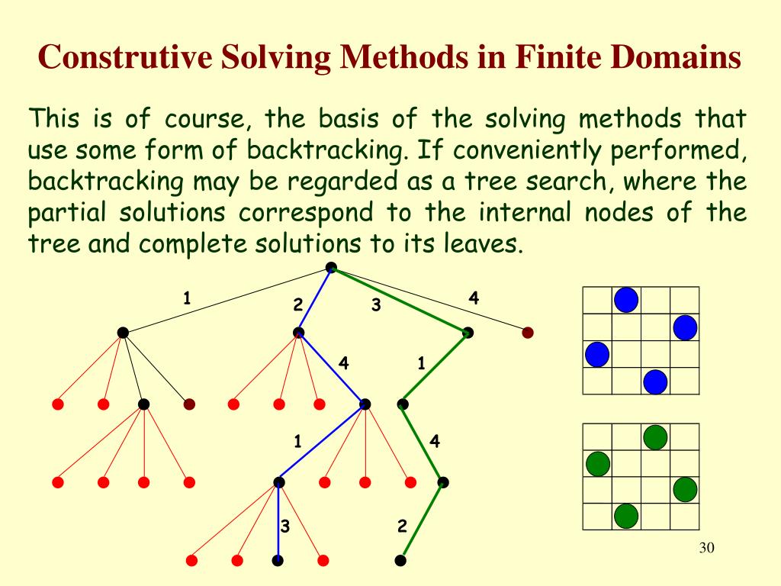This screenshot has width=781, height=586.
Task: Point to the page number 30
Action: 706,549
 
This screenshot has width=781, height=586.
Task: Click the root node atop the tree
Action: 331,267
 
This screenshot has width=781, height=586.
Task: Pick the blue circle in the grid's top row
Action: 626,300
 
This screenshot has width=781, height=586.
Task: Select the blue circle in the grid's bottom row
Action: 655,381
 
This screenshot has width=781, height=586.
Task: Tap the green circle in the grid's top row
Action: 655,437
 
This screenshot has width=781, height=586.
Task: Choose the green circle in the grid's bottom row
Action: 626,517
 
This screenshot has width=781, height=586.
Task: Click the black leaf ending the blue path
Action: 278,560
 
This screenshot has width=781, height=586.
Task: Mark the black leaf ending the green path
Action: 400,560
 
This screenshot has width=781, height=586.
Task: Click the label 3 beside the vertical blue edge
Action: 285,526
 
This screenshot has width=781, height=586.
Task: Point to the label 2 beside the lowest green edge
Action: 403,526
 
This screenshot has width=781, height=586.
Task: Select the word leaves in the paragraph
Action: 485,245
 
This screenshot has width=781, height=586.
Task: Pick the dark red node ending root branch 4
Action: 527,333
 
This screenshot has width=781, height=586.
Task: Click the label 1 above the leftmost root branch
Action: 186,298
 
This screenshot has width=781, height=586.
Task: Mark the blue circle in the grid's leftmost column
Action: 597,354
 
